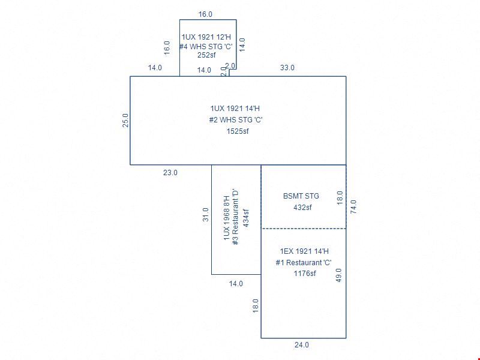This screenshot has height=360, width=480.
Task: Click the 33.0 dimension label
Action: (x=287, y=68)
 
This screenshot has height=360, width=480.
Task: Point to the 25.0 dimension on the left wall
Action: (x=125, y=121)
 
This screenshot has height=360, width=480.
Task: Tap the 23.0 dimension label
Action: (x=170, y=173)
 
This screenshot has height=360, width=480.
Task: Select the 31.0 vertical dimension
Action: (x=206, y=215)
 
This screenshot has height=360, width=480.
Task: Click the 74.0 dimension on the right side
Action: (x=353, y=206)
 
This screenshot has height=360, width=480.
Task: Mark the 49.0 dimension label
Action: (x=338, y=275)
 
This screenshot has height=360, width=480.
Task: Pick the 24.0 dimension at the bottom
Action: (x=302, y=345)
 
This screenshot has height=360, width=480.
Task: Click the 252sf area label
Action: (x=206, y=55)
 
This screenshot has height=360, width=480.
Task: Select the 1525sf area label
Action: (x=238, y=131)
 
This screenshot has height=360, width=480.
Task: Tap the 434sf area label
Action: (x=245, y=218)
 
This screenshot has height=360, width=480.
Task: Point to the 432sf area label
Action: (x=302, y=208)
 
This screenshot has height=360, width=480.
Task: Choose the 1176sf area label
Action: (x=305, y=274)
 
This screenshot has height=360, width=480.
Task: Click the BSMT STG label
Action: (x=301, y=196)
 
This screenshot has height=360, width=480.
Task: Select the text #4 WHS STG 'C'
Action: (x=206, y=47)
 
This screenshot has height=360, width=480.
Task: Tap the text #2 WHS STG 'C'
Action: (x=236, y=119)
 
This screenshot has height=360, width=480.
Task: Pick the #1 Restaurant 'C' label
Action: (x=304, y=263)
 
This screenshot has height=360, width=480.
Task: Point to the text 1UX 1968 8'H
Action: (x=227, y=218)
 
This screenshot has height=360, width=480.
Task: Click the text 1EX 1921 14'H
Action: (x=304, y=251)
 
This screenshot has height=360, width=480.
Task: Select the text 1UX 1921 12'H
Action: (x=206, y=37)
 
